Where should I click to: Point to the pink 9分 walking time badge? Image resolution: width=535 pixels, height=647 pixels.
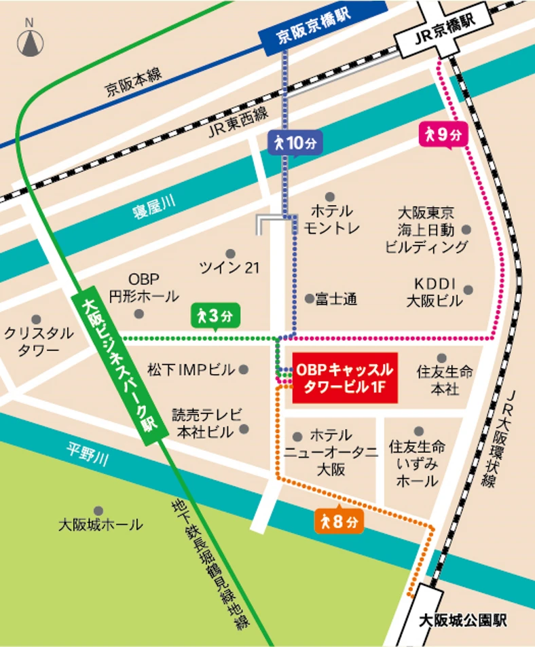[x=443, y=134]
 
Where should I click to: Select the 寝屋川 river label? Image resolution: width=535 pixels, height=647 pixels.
[x=153, y=210]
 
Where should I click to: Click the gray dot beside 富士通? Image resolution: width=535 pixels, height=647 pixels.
[x=310, y=298]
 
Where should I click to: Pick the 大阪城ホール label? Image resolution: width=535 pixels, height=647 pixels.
[x=100, y=524]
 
